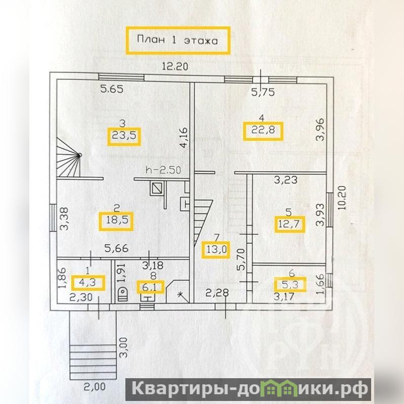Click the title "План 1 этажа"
coord(177,40)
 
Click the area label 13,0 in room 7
coord(216,249)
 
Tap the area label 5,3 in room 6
coord(290,285)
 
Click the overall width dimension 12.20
coord(174,65)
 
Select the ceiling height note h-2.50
coord(163,170)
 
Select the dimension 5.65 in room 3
coord(112,90)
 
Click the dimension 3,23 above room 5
coord(285,179)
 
